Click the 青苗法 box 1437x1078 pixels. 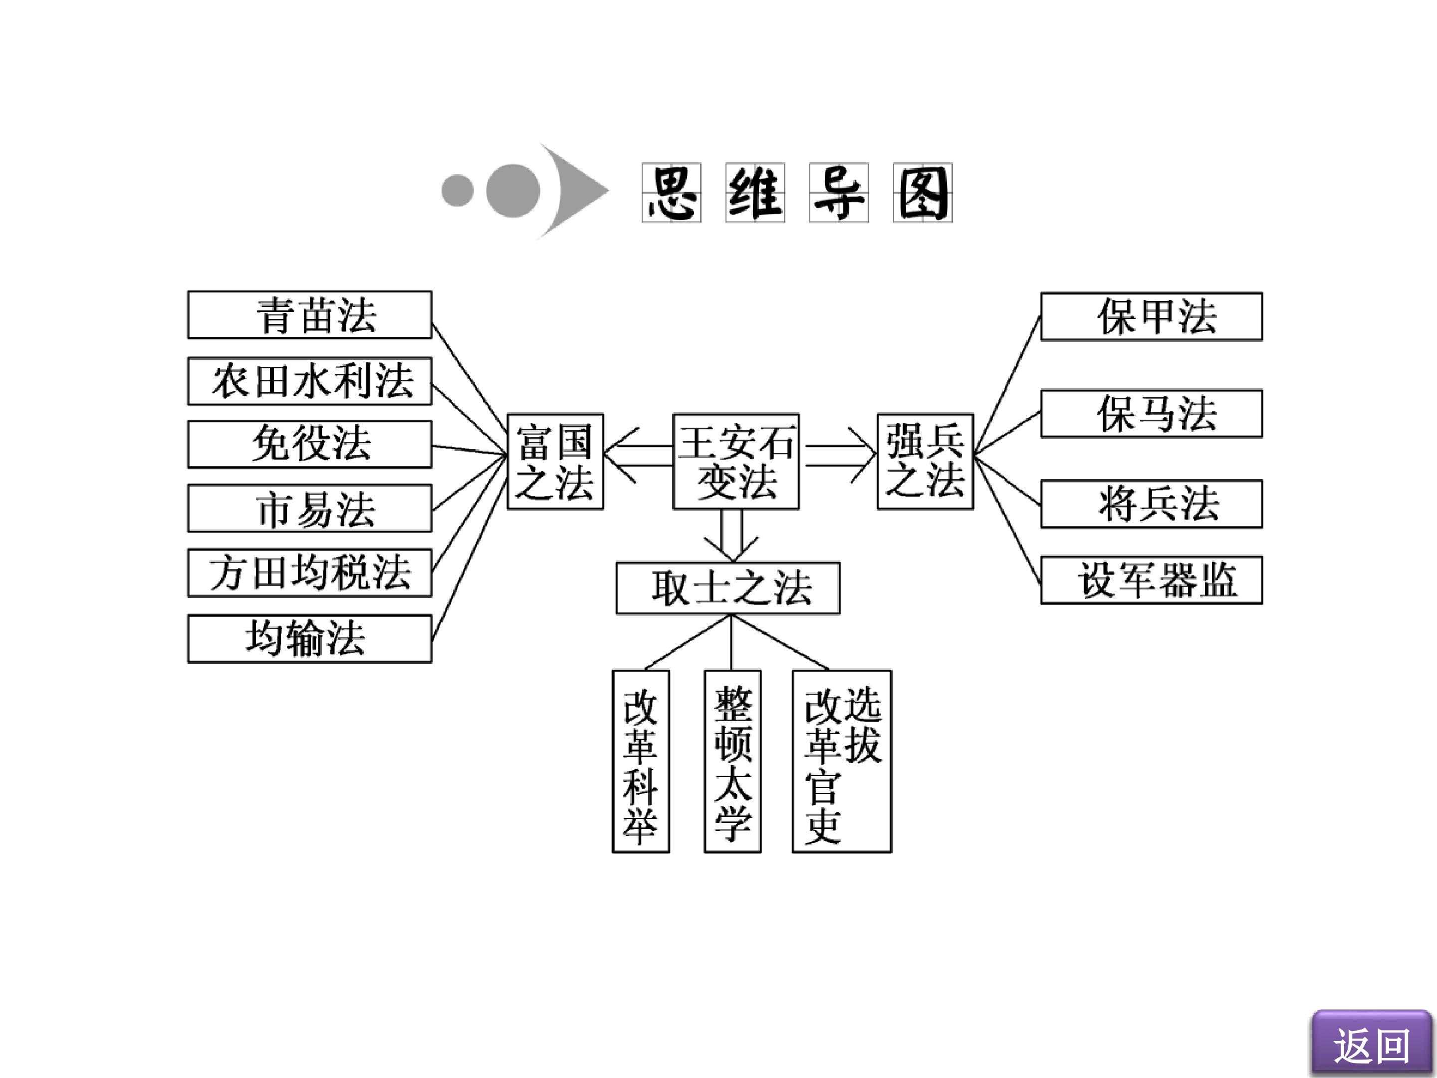309,315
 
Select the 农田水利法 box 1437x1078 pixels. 309,381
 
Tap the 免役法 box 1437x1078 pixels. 309,445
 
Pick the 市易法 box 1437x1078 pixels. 309,508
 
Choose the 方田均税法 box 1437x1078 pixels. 309,573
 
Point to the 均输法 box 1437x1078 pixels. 309,639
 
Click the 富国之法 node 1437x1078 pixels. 555,461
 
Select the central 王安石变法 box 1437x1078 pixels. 736,461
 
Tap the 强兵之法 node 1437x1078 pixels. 925,461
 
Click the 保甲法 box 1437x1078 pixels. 1151,316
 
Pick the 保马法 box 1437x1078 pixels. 1151,414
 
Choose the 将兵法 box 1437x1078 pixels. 1151,504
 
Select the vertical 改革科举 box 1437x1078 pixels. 641,761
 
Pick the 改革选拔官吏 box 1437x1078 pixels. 842,761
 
